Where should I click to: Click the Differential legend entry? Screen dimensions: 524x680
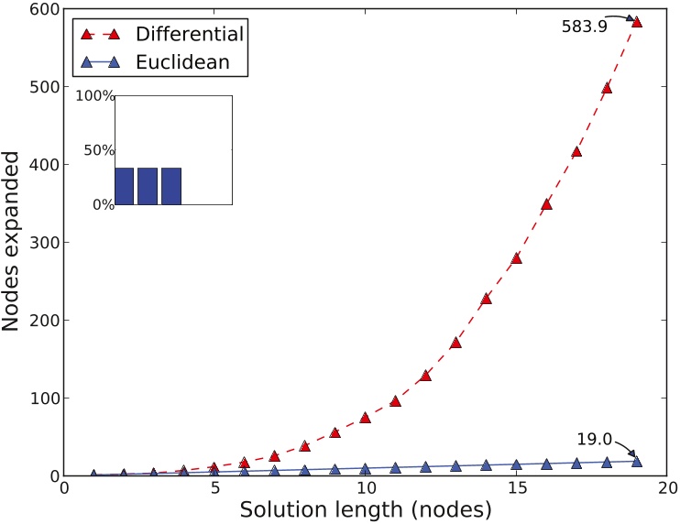(x=189, y=35)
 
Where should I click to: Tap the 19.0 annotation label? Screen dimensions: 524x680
(x=593, y=440)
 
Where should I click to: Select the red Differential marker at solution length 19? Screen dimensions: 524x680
(x=637, y=21)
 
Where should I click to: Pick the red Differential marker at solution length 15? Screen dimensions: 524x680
(x=516, y=257)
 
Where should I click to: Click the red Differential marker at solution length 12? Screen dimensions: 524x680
(x=425, y=376)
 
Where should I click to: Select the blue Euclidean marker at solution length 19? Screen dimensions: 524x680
(x=637, y=461)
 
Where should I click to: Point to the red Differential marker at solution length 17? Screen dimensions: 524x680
(x=576, y=151)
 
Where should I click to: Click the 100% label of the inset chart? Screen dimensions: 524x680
(x=94, y=96)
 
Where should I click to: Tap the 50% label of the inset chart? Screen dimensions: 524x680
(x=97, y=150)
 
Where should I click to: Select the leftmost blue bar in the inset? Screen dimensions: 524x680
(x=125, y=186)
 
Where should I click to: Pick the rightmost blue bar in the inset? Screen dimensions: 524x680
(x=171, y=186)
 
